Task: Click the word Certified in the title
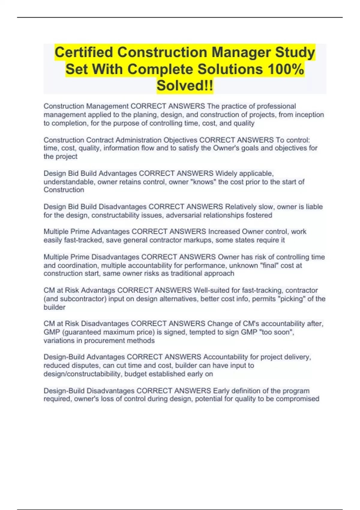tap(84, 52)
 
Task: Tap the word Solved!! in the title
tap(185, 86)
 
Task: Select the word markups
tap(197, 240)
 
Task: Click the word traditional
tap(186, 274)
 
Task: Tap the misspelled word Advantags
tap(98, 290)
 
